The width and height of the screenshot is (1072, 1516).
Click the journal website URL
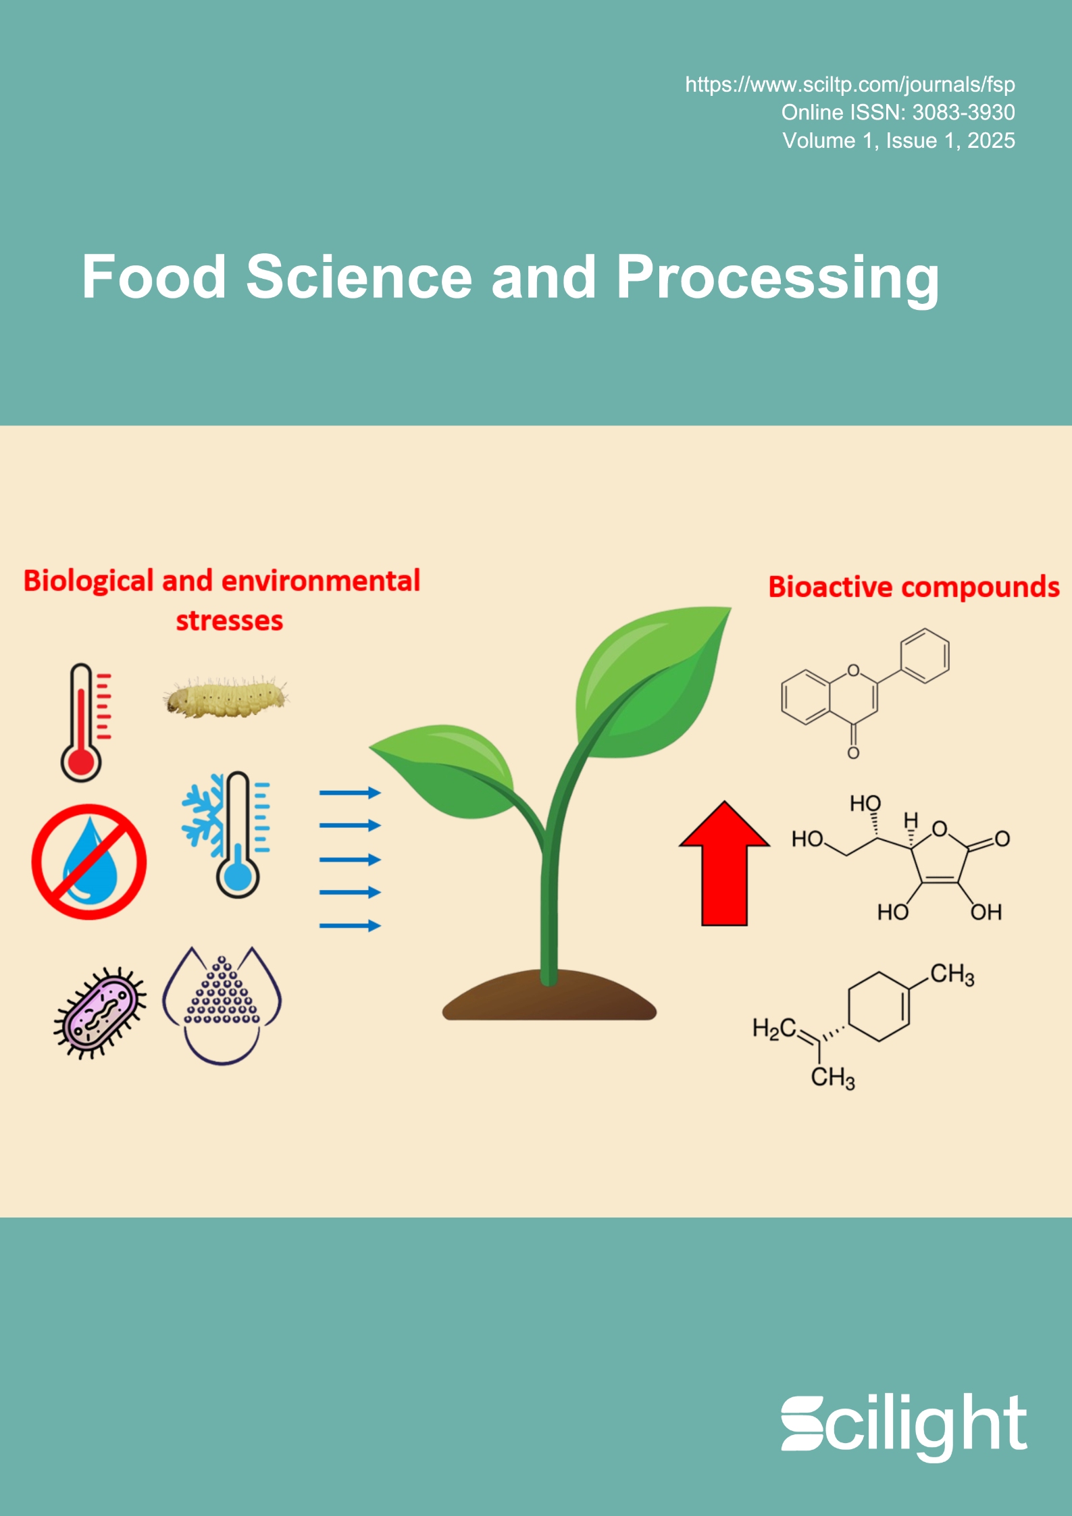click(850, 84)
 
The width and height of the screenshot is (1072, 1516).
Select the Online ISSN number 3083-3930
click(963, 113)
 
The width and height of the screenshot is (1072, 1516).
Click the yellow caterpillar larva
click(226, 697)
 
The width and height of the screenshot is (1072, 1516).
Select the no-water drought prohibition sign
click(89, 862)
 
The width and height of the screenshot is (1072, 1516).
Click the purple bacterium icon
click(100, 1013)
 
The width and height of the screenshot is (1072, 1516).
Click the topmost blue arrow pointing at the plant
click(350, 793)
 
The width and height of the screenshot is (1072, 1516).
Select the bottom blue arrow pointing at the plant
click(350, 926)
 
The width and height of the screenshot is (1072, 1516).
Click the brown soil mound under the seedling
click(549, 997)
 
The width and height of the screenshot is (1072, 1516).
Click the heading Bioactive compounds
click(913, 587)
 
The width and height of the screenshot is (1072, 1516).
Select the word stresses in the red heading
click(229, 621)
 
